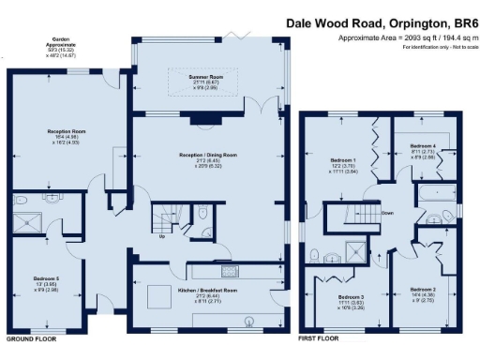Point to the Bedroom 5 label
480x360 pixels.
click(47, 253)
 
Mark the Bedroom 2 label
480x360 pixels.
click(423, 290)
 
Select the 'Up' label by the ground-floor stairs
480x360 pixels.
click(163, 236)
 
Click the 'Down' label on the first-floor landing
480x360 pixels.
click(386, 213)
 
